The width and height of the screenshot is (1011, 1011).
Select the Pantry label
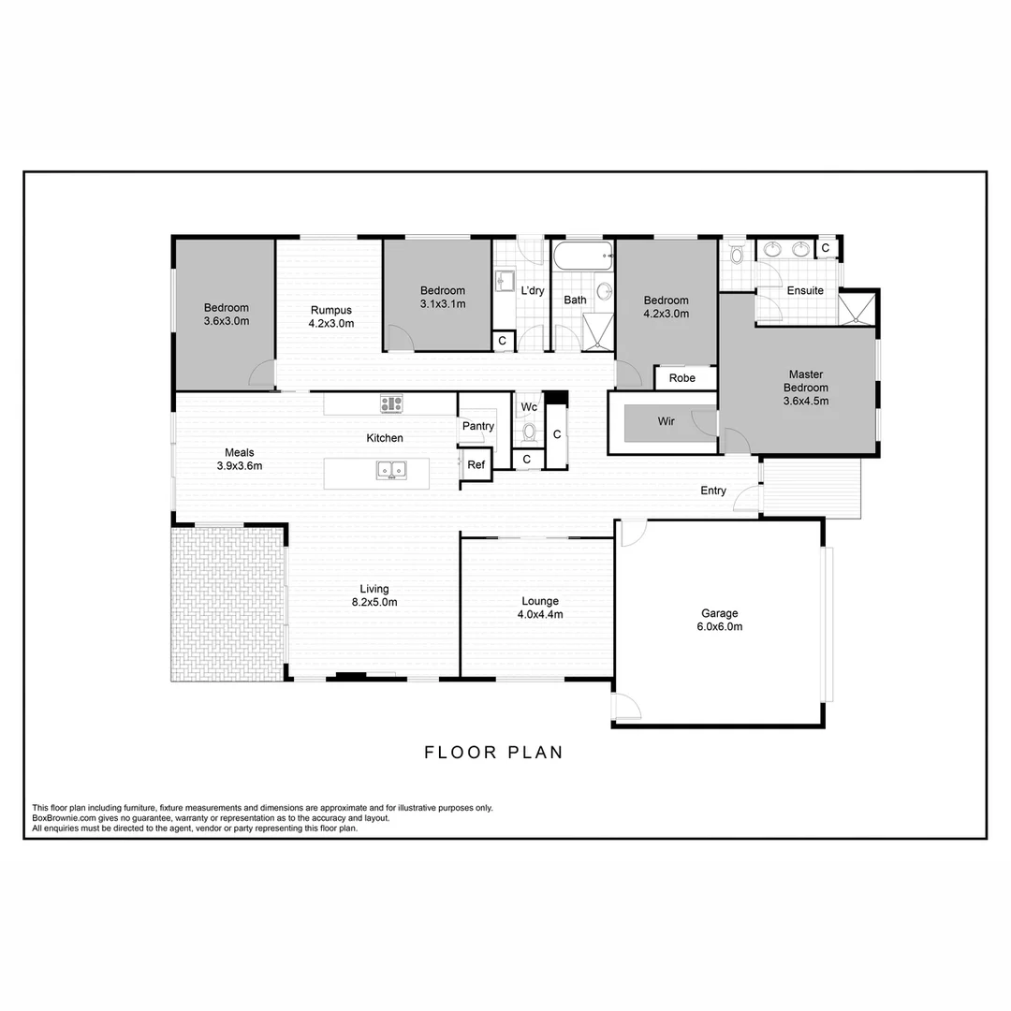tap(477, 427)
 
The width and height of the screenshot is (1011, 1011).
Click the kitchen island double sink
tap(390, 470)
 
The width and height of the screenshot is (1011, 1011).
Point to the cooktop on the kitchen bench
tap(390, 404)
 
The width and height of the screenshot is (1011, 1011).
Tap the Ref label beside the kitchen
tap(476, 464)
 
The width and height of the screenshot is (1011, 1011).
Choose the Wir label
tap(666, 421)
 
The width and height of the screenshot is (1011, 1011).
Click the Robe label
tap(682, 378)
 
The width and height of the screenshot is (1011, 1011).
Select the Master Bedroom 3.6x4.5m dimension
tap(806, 401)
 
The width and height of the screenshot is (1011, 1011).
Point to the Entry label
tap(713, 491)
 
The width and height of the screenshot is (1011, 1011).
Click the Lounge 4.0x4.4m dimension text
tap(540, 615)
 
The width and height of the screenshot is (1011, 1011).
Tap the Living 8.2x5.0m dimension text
tap(374, 602)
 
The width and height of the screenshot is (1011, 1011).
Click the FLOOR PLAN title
tap(493, 752)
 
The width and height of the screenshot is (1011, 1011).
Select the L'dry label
tap(532, 290)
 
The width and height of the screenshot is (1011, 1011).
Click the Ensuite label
tap(805, 290)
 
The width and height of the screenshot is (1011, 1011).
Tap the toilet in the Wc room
tap(529, 432)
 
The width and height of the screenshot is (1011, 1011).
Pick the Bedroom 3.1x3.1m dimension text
tap(443, 303)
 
